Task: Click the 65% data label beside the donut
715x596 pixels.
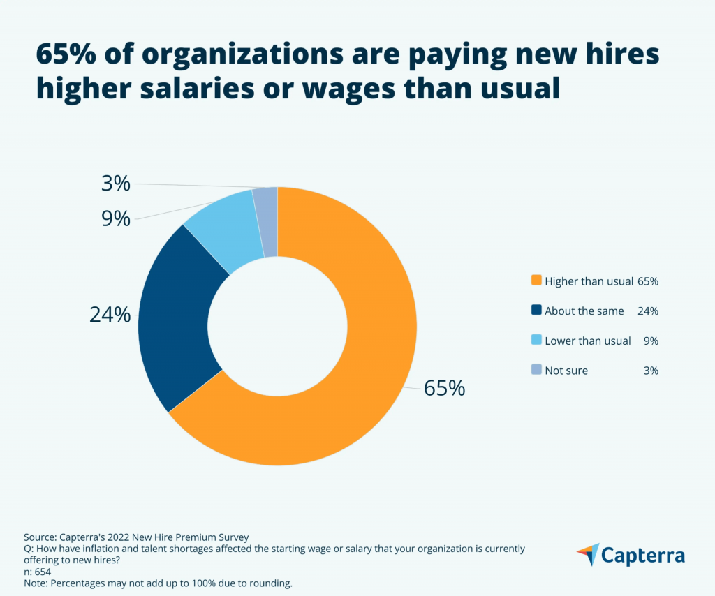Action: (444, 388)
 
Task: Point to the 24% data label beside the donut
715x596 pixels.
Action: (110, 315)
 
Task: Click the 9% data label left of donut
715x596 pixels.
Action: (116, 219)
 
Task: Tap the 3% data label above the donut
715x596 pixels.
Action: (115, 184)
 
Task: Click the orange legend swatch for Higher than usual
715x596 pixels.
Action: (536, 281)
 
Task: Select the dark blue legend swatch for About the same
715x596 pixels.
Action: (536, 311)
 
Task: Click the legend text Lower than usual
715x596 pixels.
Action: (587, 341)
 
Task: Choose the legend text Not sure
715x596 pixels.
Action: (566, 371)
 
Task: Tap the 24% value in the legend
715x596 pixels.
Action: (648, 311)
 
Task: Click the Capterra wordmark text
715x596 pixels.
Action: (643, 556)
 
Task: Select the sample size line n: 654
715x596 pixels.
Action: (37, 572)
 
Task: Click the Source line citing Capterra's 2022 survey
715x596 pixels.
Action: (136, 537)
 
